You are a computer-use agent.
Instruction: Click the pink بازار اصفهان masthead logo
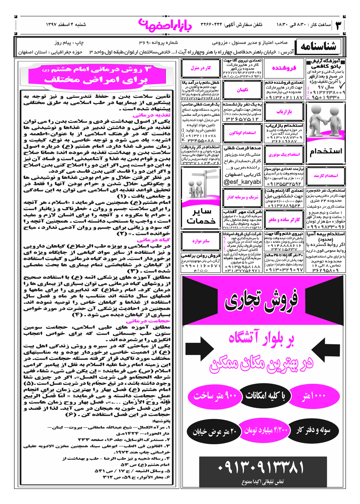165,24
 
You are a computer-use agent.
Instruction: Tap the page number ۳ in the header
338,25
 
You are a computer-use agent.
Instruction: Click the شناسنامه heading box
318,46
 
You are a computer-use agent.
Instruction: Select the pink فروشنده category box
284,68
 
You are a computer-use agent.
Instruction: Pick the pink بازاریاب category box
284,112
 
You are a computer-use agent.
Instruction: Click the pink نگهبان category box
242,90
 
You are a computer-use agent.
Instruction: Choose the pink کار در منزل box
201,68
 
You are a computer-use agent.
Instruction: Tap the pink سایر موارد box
201,241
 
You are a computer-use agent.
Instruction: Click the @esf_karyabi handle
242,182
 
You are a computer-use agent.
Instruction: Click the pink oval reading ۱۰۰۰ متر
314,396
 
